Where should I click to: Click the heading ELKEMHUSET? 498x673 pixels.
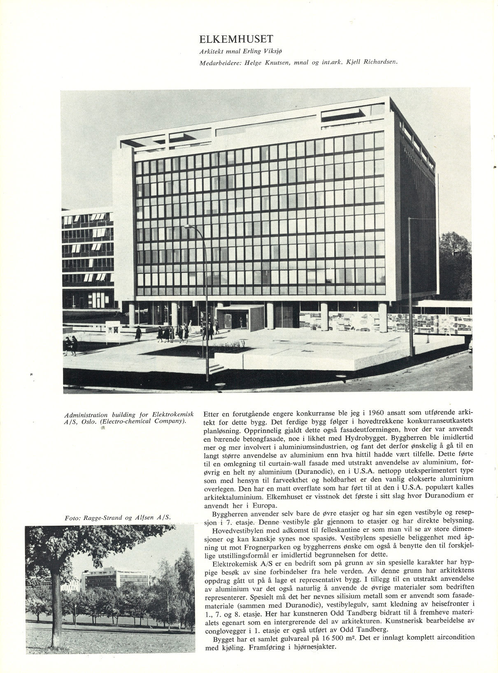click(236, 39)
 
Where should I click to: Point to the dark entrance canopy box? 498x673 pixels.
click(240, 317)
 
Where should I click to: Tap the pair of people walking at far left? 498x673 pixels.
click(70, 345)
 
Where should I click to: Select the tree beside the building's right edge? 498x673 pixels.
click(454, 263)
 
